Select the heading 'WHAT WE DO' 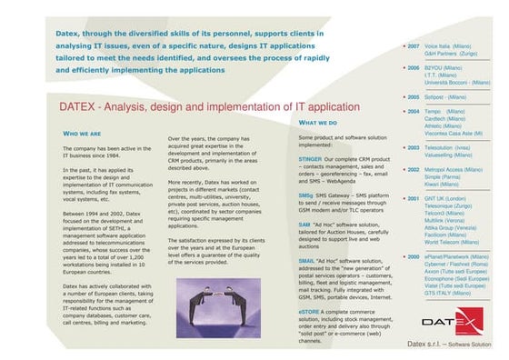tap(318, 122)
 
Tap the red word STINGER tap(310, 158)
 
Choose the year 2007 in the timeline tap(413, 45)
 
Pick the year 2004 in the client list tap(413, 112)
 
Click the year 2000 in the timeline tap(413, 257)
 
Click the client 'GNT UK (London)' tap(445, 198)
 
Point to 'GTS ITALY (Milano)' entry tap(448, 294)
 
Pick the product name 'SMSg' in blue tap(305, 195)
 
